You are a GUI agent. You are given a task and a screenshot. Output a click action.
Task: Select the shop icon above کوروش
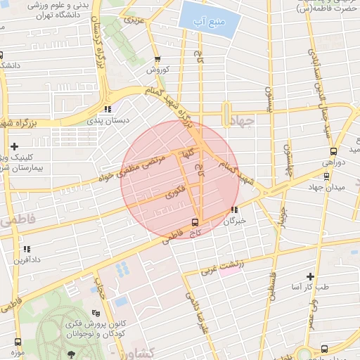point(156,60)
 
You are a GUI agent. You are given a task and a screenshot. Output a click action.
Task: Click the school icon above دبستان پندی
point(108,109)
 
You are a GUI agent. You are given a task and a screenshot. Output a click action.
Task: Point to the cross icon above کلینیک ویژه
point(14,146)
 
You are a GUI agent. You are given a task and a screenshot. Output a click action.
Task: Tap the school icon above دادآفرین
point(27,249)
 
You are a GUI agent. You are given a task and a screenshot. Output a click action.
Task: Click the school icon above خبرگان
point(234,210)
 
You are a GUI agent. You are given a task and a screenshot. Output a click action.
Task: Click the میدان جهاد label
point(324,188)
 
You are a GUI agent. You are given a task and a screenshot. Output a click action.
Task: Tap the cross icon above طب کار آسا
point(310,276)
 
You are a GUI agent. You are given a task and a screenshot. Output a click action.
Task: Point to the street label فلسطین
point(269,278)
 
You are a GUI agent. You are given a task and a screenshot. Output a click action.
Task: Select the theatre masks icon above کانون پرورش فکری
point(96,312)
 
